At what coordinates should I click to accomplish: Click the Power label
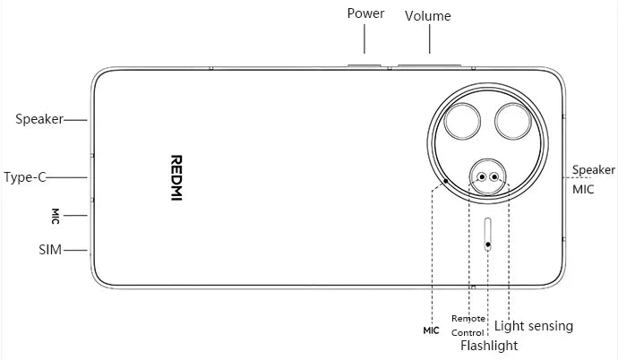point(365,13)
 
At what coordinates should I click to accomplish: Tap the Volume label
point(427,16)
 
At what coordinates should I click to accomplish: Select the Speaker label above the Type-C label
point(39,118)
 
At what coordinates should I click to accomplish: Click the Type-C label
point(25,176)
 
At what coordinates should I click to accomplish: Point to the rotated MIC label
point(56,216)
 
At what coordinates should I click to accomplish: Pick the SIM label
point(50,250)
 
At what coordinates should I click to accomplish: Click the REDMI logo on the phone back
point(176,176)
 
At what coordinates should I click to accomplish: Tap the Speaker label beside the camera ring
point(593,169)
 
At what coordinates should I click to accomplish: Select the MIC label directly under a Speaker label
point(583,189)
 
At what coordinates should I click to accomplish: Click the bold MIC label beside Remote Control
point(432,330)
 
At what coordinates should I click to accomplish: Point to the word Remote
point(468,318)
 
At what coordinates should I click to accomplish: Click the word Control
point(468,332)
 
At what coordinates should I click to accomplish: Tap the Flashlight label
point(488,346)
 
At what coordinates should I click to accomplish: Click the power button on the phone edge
point(363,64)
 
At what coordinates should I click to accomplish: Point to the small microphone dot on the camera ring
point(446,178)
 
